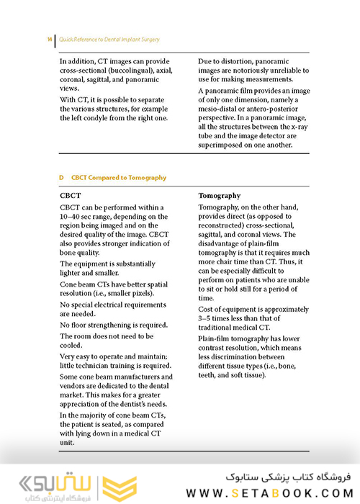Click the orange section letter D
62,177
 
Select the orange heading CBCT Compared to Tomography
119,177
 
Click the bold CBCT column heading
71,196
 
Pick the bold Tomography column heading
220,196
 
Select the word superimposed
223,144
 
